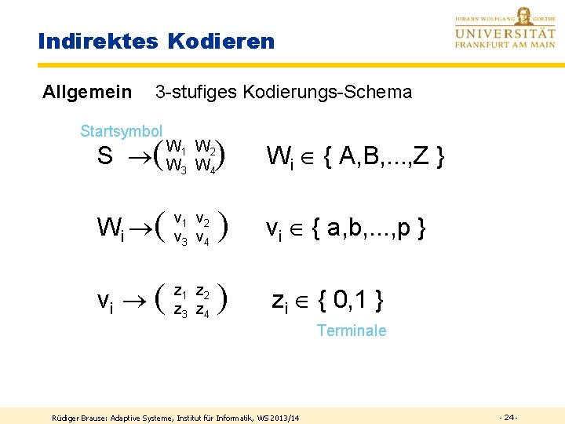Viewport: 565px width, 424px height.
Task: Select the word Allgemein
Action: point(86,93)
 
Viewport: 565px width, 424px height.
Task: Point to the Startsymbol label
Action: point(121,131)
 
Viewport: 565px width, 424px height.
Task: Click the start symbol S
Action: point(104,157)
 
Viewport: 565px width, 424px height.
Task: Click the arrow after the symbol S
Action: point(140,157)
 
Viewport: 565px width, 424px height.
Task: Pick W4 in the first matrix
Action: point(206,166)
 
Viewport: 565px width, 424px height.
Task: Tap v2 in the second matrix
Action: point(202,219)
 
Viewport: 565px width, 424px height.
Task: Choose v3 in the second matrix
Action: point(180,238)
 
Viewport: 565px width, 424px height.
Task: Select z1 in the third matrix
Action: point(180,291)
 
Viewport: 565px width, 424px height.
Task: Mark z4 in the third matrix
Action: point(202,310)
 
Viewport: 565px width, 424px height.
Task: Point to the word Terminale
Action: point(352,331)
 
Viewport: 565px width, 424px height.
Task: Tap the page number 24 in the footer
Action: point(508,415)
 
